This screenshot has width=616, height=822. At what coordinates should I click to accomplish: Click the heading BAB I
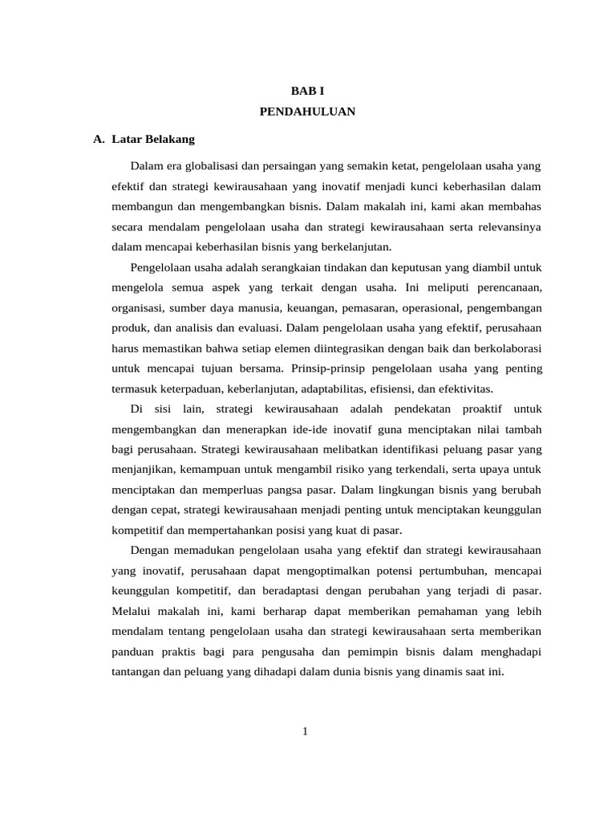coord(307,92)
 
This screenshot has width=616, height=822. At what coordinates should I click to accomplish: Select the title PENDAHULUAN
coord(307,112)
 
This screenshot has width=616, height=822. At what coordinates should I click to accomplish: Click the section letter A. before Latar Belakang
coord(99,139)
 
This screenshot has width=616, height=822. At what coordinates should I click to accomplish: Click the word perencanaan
coord(505,287)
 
